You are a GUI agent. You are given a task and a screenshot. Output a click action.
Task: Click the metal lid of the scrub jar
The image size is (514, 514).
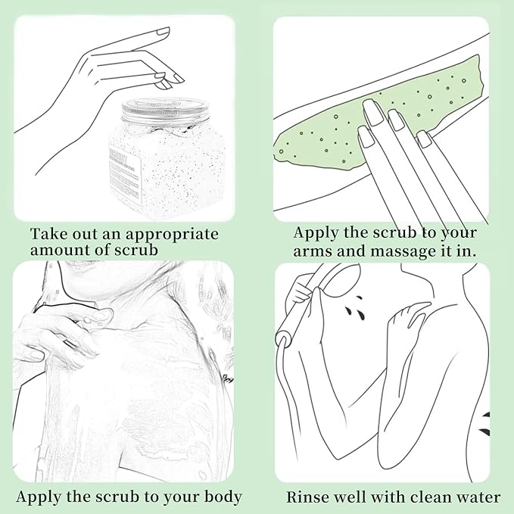(165, 110)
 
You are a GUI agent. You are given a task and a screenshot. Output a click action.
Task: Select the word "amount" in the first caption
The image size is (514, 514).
(59, 251)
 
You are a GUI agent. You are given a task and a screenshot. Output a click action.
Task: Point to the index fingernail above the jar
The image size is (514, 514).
(163, 32)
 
